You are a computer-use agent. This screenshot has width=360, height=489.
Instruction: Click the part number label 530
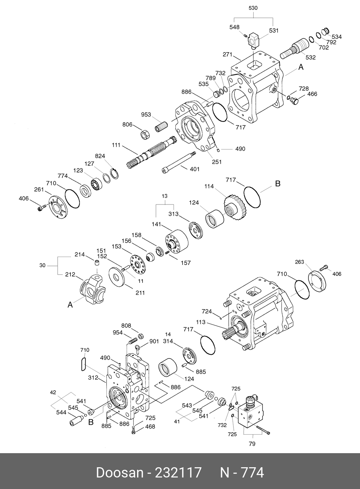(x=253, y=8)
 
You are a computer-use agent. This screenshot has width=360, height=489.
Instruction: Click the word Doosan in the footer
(x=119, y=472)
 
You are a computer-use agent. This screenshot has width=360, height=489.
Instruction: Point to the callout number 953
(x=146, y=115)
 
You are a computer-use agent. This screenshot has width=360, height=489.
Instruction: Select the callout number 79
(x=252, y=444)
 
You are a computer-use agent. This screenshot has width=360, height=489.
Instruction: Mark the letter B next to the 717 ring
(x=278, y=184)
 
